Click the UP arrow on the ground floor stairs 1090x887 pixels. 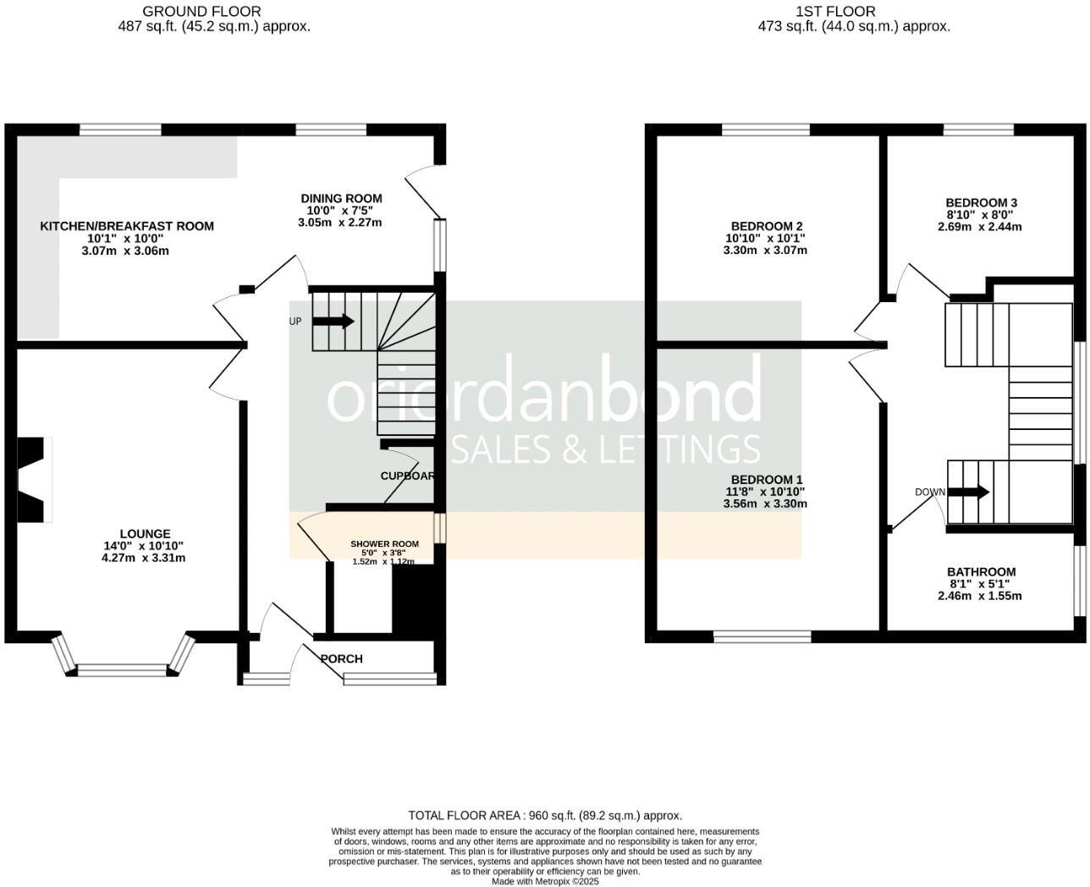pos(333,322)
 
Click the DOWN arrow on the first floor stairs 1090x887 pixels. pos(968,493)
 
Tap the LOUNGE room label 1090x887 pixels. pos(145,534)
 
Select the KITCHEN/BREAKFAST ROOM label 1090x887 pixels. pos(127,227)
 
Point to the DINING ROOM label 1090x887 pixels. pos(341,199)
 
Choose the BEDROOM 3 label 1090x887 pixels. pos(981,203)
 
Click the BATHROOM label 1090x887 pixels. pos(981,572)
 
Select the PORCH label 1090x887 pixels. pos(342,658)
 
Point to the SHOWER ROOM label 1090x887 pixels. pos(385,544)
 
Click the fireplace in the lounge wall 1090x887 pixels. pos(34,480)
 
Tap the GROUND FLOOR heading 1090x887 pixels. pos(201,11)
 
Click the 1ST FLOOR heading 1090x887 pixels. pos(835,11)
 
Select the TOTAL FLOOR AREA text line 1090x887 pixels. pos(545,816)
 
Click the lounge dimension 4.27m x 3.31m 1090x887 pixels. pos(144,558)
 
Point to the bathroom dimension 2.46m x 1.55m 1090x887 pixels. pos(980,596)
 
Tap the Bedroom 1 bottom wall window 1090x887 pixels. pos(762,636)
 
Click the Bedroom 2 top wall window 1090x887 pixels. pos(766,129)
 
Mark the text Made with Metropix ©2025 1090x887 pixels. pos(545,881)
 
